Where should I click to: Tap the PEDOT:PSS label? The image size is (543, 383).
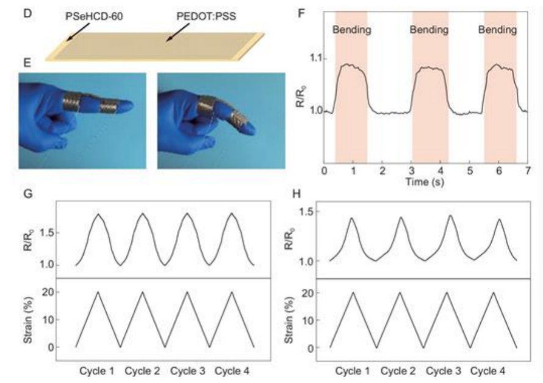205,12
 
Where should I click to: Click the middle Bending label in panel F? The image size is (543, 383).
429,29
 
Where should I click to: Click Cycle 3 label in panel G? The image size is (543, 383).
189,370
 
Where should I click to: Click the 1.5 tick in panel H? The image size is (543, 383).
311,211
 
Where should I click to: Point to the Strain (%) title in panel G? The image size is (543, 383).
29,320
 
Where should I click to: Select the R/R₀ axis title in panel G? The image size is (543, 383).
29,239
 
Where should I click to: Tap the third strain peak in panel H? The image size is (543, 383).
447,293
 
